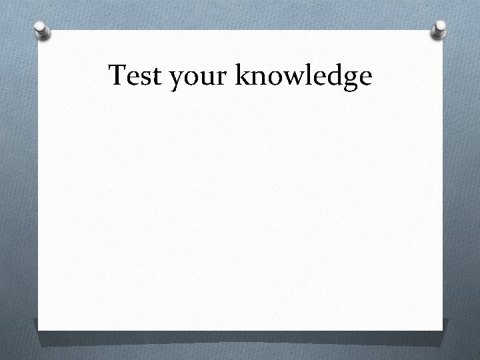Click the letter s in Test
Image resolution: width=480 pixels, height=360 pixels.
(x=143, y=79)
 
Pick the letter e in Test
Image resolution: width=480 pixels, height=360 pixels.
(x=131, y=79)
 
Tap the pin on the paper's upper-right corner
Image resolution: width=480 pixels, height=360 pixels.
(x=439, y=29)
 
